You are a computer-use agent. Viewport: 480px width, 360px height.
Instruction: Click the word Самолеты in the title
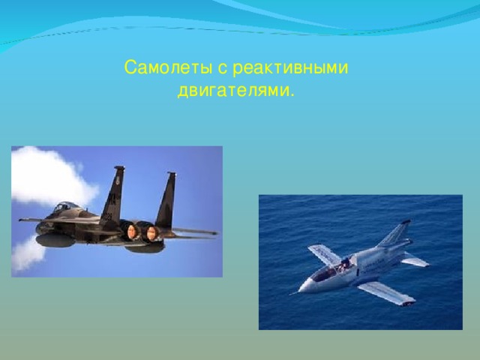[x=168, y=67]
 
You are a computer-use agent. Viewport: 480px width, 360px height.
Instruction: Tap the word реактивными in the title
[x=290, y=68]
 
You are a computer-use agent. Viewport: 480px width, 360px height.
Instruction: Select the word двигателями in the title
[x=232, y=91]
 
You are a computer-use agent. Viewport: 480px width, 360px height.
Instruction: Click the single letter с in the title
[x=222, y=68]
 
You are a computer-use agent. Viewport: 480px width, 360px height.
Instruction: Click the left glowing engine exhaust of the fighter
[x=132, y=231]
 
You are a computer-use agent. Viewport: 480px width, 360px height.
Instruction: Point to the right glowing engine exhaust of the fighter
[x=151, y=233]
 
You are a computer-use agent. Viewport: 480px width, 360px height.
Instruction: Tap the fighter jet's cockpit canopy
[x=65, y=207]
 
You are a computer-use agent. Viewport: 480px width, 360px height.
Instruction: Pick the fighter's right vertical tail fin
[x=166, y=200]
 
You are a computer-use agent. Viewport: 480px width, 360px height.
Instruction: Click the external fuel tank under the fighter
[x=55, y=241]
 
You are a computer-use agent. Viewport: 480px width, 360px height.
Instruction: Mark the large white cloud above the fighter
[x=50, y=176]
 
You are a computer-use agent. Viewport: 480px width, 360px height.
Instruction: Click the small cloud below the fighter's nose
[x=27, y=255]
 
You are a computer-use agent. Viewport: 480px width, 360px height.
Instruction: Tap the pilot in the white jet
[x=345, y=264]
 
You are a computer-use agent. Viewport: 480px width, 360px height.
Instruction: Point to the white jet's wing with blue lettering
[x=325, y=254]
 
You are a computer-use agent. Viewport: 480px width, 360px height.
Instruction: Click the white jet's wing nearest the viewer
[x=387, y=293]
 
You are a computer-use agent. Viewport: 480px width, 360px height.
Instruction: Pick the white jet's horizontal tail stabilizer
[x=415, y=260]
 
